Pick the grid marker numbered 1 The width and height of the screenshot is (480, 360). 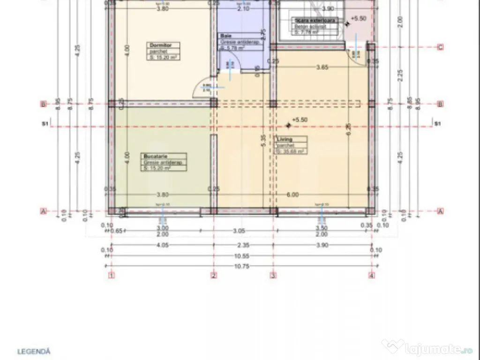[112, 275]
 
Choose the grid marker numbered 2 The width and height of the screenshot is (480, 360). [214, 275]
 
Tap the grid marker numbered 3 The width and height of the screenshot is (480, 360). [273, 275]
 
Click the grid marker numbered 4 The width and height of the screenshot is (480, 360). [372, 275]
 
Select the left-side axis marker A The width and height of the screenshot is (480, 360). [44, 211]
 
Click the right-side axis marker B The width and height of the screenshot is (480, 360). [440, 104]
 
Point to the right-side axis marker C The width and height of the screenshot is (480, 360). [440, 47]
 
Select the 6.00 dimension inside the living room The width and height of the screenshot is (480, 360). [292, 195]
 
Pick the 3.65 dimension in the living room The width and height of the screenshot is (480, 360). [322, 67]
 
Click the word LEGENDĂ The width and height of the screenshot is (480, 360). [34, 351]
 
